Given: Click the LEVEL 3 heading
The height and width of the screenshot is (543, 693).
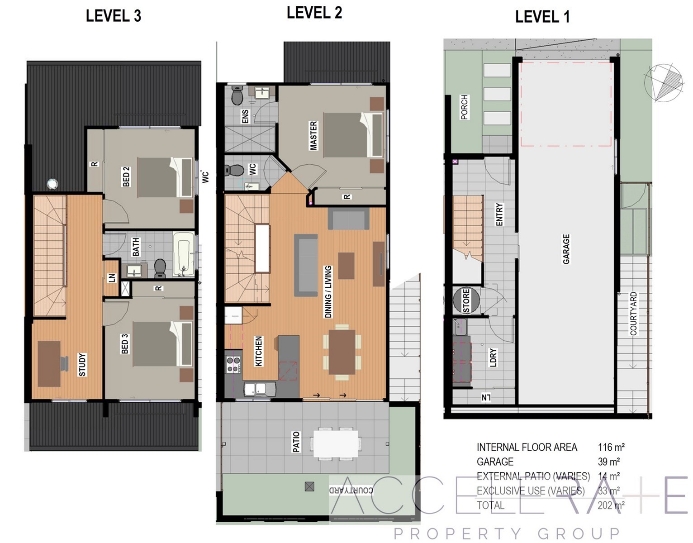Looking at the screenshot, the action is click(x=114, y=16).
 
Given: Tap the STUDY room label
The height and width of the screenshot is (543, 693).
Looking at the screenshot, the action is click(x=82, y=365).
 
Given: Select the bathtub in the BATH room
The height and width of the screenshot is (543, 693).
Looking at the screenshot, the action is click(x=183, y=254).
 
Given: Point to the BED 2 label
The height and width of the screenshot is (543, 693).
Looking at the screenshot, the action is click(x=126, y=176).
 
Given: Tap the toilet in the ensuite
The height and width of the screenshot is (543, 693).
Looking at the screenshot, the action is click(x=237, y=95).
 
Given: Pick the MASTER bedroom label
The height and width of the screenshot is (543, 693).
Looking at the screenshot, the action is click(x=313, y=135).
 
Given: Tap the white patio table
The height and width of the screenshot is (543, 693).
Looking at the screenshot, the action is click(x=336, y=443).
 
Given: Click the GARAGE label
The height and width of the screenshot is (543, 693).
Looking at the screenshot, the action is click(x=566, y=249).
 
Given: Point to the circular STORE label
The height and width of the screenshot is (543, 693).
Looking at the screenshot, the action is click(x=466, y=300).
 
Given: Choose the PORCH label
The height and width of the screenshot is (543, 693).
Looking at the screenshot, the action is click(x=465, y=107).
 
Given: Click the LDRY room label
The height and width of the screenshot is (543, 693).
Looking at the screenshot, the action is click(x=493, y=357).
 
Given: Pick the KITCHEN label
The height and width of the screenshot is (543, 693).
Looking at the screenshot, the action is click(x=259, y=351).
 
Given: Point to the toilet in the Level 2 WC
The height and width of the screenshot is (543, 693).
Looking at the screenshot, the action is click(x=234, y=170).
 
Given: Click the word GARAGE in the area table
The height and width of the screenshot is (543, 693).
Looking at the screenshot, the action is click(x=495, y=462).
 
